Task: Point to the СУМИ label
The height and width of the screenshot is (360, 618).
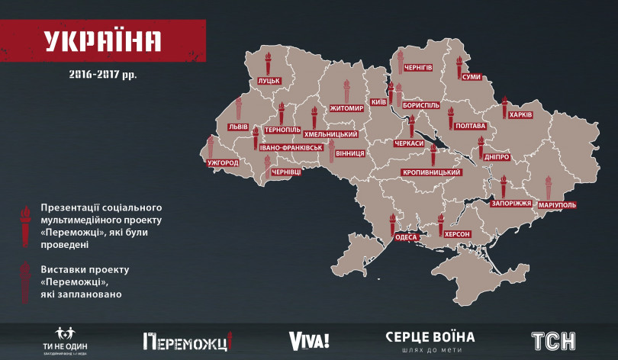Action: coord(471,77)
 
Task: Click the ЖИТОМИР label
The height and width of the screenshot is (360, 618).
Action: coord(347,108)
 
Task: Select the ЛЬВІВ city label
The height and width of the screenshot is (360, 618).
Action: coord(237,127)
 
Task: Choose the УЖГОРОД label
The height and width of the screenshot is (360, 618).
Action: coord(223,162)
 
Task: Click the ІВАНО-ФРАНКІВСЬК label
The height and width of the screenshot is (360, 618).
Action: coord(292,147)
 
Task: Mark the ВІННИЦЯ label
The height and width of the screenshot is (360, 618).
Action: coord(348,153)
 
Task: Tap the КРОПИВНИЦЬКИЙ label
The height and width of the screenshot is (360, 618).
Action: coord(430,172)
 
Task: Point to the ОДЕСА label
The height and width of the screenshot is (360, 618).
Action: coord(406,237)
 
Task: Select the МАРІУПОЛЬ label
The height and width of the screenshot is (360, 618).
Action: coord(556,205)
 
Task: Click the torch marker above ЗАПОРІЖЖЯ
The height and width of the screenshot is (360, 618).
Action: coord(504,187)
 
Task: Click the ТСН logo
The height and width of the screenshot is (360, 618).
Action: coord(552,340)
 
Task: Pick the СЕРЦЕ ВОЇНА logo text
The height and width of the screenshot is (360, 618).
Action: coord(430,337)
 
